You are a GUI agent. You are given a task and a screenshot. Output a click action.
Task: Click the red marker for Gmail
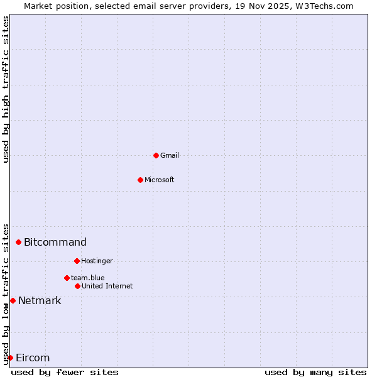point(156,155)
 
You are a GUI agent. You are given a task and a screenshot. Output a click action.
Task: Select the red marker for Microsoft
point(140,180)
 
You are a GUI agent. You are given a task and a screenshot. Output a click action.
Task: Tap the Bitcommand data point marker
point(18,242)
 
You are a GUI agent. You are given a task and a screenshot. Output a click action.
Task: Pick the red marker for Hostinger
point(77,261)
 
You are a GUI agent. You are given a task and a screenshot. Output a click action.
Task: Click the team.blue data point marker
point(67,278)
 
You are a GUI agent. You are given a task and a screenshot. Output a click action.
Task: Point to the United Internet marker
point(77,286)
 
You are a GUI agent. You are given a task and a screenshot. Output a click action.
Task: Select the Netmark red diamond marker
point(13,300)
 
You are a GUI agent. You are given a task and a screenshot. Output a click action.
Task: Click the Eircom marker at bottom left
point(10,358)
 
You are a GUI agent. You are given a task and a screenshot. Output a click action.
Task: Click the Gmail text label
point(170,155)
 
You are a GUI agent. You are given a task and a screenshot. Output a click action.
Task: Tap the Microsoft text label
point(160,180)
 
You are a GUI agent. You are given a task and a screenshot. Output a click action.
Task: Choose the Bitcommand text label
point(55,242)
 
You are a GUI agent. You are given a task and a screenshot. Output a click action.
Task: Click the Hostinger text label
point(97,261)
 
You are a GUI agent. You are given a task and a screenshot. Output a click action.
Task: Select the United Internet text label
point(107,286)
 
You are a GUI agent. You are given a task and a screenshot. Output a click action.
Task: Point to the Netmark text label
point(40,300)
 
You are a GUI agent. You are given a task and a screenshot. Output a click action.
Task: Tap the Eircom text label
point(33,358)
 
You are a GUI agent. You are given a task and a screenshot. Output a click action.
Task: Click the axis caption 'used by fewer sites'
point(65,372)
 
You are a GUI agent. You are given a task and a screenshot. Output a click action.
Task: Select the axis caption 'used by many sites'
point(315,372)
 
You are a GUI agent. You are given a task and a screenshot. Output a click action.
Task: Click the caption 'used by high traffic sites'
point(6,89)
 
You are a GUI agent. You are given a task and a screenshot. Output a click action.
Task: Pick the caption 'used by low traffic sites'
point(6,293)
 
